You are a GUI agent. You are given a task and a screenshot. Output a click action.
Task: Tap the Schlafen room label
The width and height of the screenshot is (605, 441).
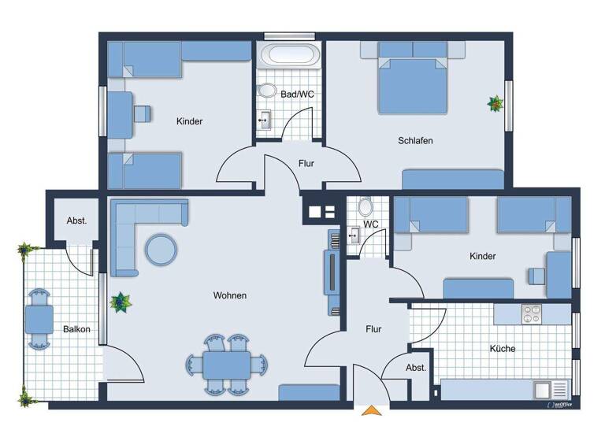[x=416, y=141]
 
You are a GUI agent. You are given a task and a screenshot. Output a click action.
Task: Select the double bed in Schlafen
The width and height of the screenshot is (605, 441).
[x=413, y=83]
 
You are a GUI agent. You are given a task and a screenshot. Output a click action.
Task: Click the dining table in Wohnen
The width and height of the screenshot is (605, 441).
[x=227, y=365]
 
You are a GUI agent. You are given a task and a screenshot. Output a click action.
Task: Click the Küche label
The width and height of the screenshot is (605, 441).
[x=502, y=348]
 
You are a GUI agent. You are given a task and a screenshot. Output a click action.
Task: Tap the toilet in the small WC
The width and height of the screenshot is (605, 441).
[x=366, y=208]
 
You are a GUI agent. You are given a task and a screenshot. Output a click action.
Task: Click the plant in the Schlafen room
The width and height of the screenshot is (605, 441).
[x=496, y=103]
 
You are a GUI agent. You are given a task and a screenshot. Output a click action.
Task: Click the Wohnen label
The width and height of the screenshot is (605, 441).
[x=230, y=295]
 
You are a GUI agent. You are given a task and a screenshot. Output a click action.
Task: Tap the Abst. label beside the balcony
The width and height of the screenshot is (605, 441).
[x=76, y=221]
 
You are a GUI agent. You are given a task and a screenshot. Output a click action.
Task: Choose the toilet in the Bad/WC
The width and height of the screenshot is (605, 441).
[x=267, y=91]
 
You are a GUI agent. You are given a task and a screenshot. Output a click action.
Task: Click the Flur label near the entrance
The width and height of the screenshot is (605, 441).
[x=373, y=329]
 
